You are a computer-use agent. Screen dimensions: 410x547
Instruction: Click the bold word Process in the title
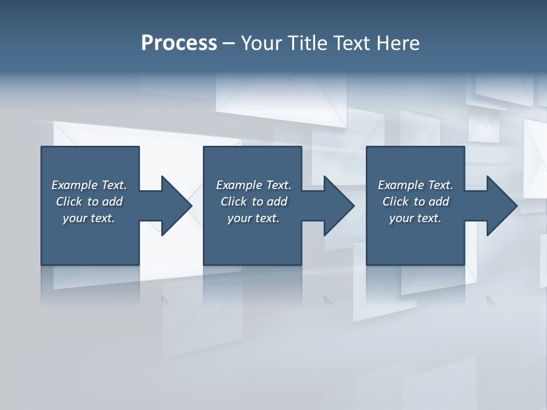point(179,43)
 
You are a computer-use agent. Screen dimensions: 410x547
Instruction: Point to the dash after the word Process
point(229,43)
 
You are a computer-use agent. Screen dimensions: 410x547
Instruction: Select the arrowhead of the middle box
point(338,206)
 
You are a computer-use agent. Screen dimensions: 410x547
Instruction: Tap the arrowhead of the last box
point(501,206)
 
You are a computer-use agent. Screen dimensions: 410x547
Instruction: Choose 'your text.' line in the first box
point(89,218)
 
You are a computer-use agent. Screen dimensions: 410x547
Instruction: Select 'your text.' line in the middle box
point(254,218)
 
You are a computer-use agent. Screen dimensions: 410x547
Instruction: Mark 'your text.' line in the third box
point(415,218)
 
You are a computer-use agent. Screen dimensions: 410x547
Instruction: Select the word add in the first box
point(113,202)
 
